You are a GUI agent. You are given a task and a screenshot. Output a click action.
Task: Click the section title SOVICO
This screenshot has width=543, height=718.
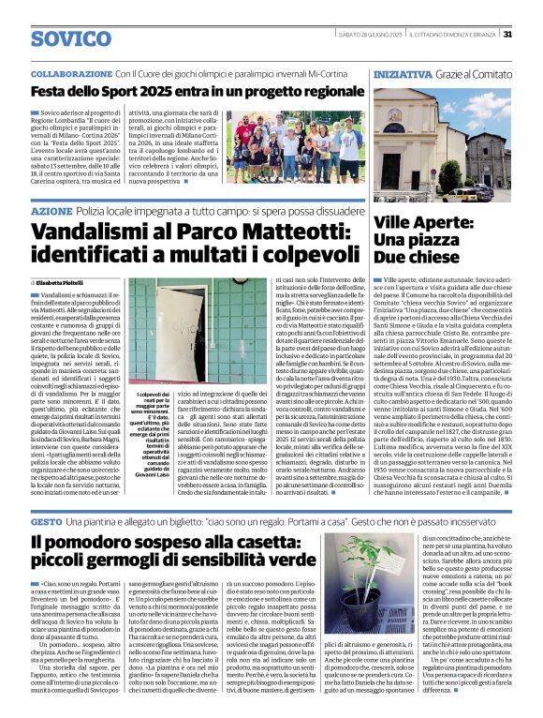(x=70, y=38)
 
